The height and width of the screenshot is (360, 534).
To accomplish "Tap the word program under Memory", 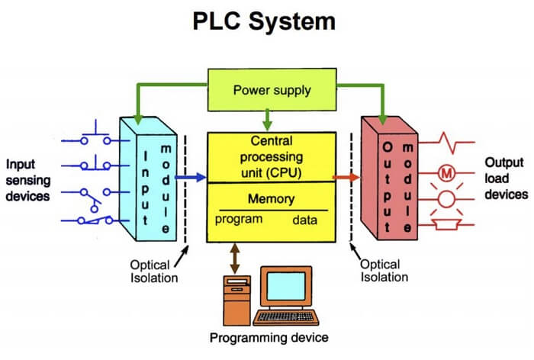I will (x=238, y=220).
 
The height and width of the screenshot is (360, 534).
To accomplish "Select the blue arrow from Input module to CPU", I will (x=191, y=178).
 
